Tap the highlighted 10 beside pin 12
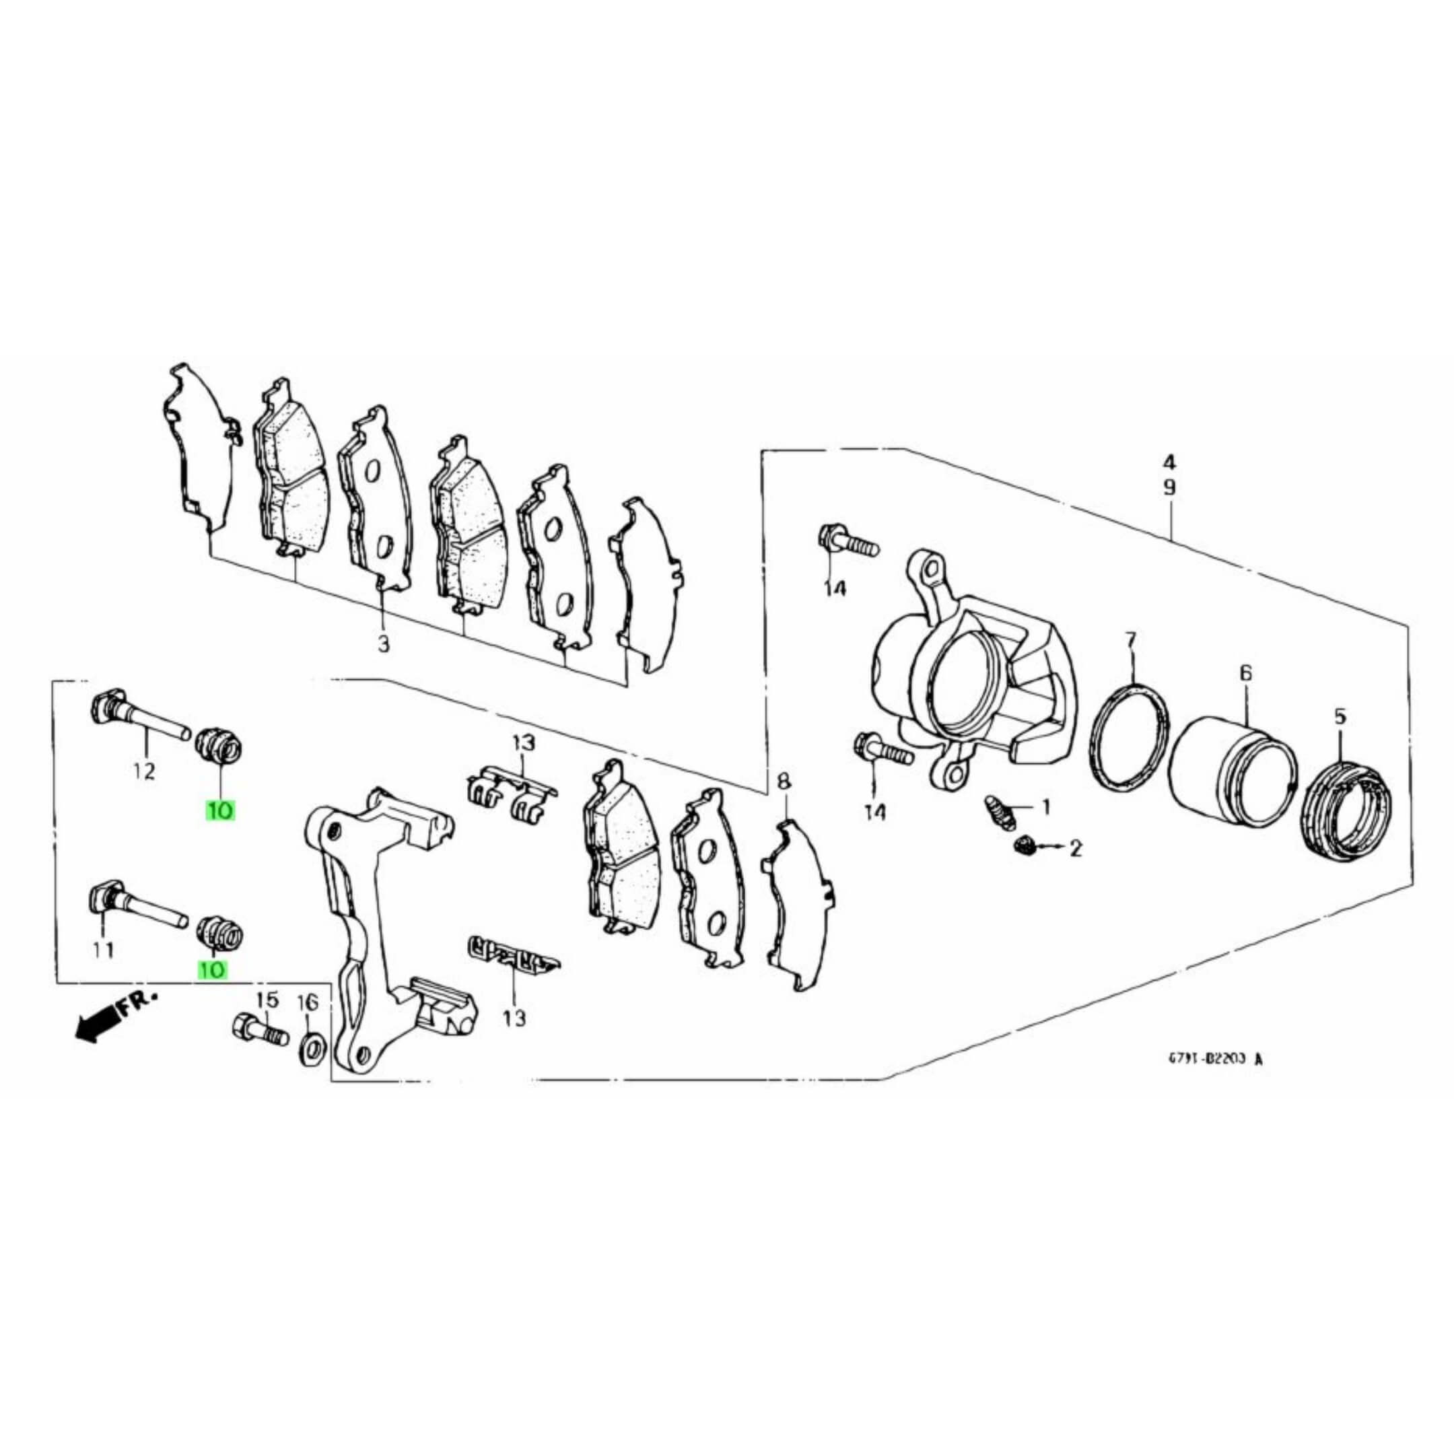coord(219,810)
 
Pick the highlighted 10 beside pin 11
coord(211,970)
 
